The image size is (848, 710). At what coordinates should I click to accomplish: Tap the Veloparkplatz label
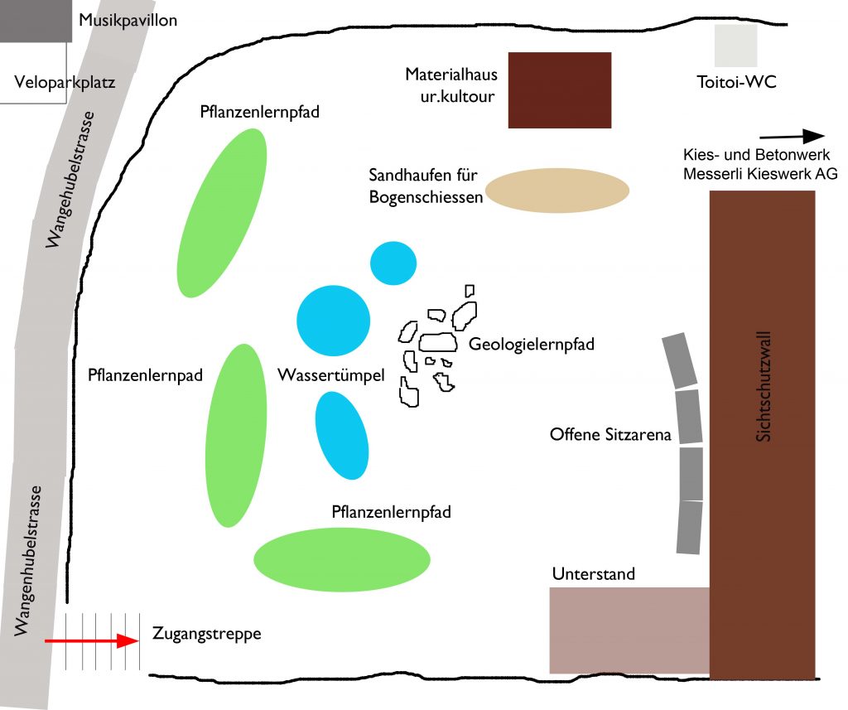pyautogui.click(x=65, y=83)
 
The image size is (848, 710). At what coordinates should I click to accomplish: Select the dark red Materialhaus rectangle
pyautogui.click(x=559, y=89)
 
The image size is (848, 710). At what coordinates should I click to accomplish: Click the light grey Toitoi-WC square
pyautogui.click(x=736, y=46)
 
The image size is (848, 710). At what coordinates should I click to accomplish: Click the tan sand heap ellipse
pyautogui.click(x=557, y=191)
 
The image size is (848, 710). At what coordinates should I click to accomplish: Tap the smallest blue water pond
pyautogui.click(x=392, y=263)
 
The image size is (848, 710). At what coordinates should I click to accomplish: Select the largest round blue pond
pyautogui.click(x=333, y=321)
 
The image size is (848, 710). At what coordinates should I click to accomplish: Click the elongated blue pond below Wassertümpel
pyautogui.click(x=342, y=435)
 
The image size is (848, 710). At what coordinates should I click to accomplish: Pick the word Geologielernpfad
pyautogui.click(x=531, y=344)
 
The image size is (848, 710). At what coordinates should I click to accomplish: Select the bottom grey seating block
pyautogui.click(x=689, y=527)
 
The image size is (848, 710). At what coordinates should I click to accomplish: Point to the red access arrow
pyautogui.click(x=89, y=641)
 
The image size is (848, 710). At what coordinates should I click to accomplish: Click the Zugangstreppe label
pyautogui.click(x=207, y=635)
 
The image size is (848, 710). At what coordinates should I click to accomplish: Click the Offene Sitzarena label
pyautogui.click(x=610, y=434)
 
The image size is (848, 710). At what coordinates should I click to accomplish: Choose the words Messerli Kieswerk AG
pyautogui.click(x=760, y=174)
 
